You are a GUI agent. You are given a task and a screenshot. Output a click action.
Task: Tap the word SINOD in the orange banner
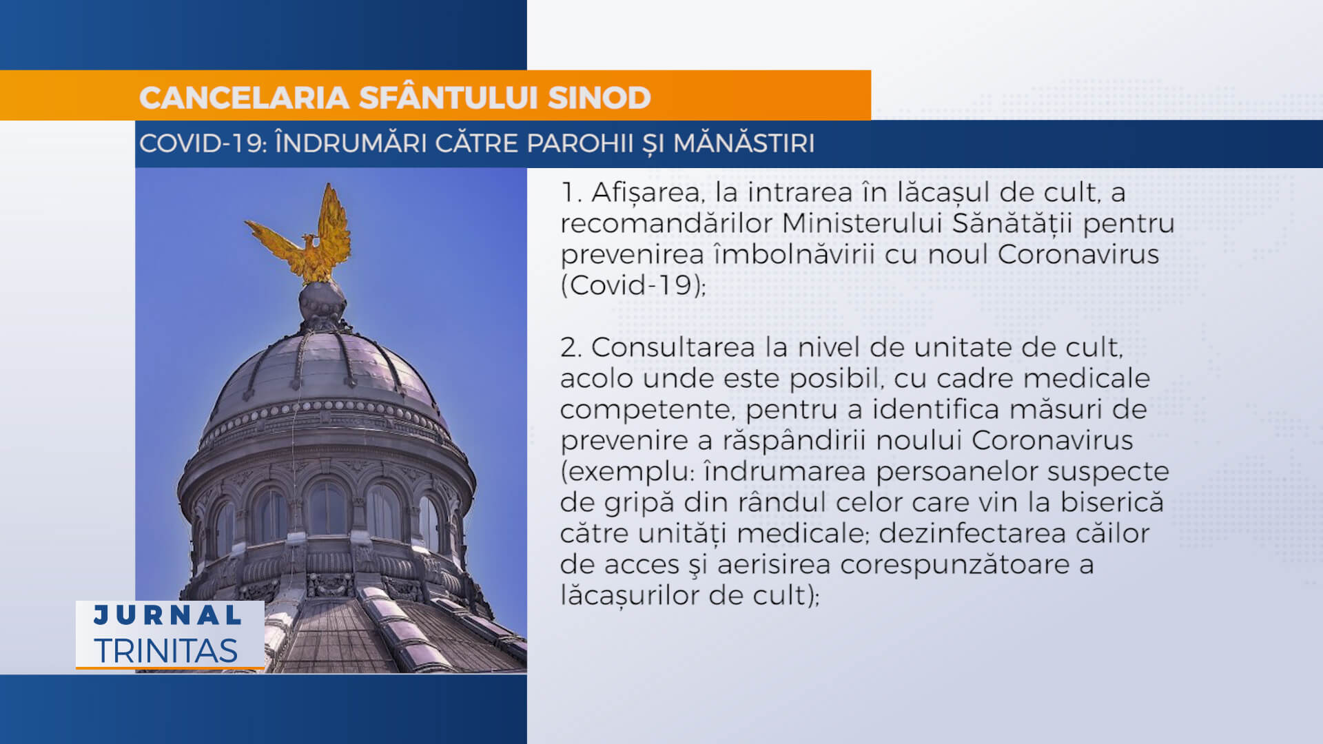tap(599, 98)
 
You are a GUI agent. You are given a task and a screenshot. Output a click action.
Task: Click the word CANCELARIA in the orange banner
tap(245, 98)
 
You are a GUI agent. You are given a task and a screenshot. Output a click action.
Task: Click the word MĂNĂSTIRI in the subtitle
tap(743, 143)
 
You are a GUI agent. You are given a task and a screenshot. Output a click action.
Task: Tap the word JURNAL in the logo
tap(167, 615)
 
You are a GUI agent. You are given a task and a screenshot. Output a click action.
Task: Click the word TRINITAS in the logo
tap(166, 651)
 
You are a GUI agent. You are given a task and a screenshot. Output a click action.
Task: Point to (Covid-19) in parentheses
tap(633, 285)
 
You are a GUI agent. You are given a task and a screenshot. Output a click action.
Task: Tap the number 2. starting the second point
tap(572, 348)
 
